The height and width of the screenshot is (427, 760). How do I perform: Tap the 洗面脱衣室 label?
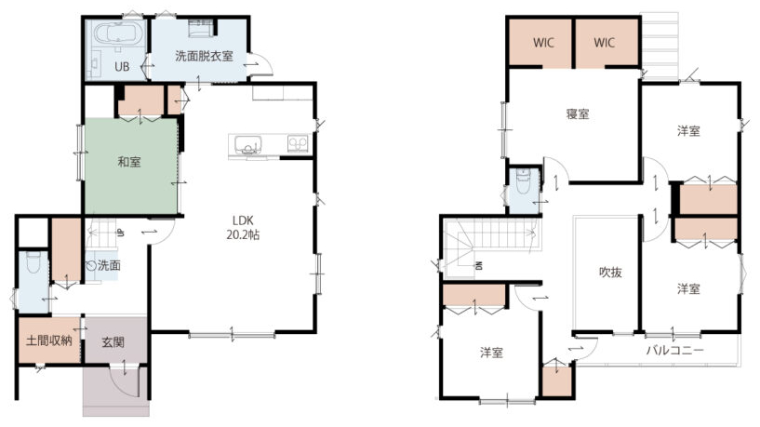[204, 56]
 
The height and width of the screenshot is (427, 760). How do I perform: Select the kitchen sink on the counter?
[247, 144]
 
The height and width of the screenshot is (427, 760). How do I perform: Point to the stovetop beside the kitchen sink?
[298, 143]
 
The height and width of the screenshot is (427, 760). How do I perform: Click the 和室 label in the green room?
[129, 161]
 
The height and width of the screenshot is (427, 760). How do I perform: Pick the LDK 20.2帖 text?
[243, 228]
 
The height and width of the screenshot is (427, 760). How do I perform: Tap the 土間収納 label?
[49, 340]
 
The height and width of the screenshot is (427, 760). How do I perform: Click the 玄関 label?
[113, 342]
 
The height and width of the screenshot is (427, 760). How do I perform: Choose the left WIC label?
[543, 43]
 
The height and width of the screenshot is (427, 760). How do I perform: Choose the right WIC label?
[604, 43]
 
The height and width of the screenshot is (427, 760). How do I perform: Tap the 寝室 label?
[578, 114]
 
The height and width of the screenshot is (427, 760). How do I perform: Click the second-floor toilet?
[523, 180]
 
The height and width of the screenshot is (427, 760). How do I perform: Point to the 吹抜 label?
[610, 273]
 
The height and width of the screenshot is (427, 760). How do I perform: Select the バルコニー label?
[674, 350]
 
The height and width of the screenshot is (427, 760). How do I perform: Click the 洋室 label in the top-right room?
[688, 131]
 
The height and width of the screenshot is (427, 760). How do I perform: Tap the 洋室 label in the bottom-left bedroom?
[491, 353]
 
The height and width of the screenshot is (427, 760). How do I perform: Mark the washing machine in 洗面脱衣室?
[199, 29]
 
